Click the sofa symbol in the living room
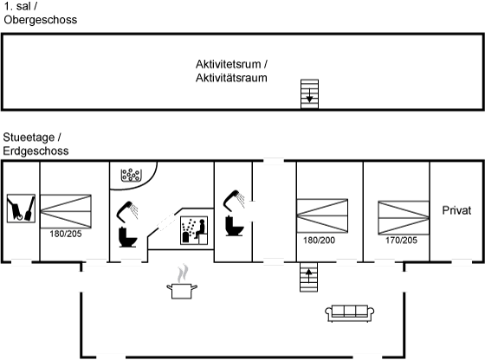pos(350,313)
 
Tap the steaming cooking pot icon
pos(182,282)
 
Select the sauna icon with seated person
pos(194,230)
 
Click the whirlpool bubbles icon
pos(131,175)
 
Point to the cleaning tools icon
pos(21,209)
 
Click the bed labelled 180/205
pos(66,211)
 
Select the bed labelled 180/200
pos(322,215)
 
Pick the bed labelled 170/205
pos(404,217)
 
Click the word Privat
pos(456,210)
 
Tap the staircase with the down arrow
pos(310,94)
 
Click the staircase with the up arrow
pos(308,277)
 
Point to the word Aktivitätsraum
pos(231,78)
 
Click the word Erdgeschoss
pos(36,151)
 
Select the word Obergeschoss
pos(41,20)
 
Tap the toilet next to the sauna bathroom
pos(128,237)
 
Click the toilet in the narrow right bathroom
pos(235,226)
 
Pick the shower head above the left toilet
pos(127,211)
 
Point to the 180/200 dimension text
pos(319,240)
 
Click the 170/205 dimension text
pos(401,240)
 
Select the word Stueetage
pos(29,138)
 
